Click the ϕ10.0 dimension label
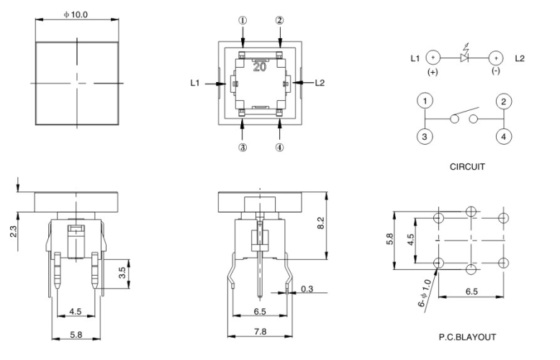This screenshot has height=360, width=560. click(x=76, y=14)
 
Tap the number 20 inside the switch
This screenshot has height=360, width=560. click(x=261, y=67)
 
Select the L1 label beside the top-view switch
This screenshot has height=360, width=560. click(x=195, y=84)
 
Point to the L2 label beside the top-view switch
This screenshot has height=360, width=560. click(x=320, y=84)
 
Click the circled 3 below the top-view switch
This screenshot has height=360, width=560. click(x=242, y=148)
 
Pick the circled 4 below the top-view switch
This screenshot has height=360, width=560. click(x=279, y=148)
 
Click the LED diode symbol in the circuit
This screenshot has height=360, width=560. click(x=464, y=56)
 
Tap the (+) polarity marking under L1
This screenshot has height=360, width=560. click(x=433, y=73)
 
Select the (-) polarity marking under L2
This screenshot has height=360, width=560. click(x=496, y=73)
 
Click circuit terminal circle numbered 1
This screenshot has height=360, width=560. click(x=425, y=102)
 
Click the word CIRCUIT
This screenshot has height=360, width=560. click(x=466, y=166)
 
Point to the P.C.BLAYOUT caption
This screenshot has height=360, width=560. click(x=468, y=336)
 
